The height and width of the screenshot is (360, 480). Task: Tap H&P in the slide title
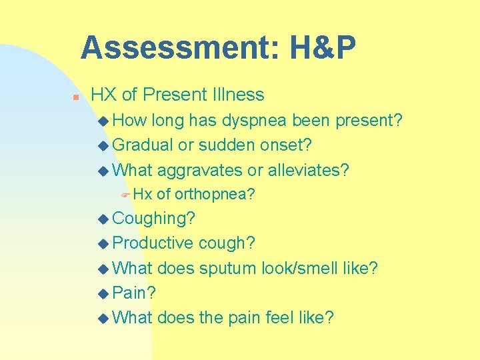coord(323,48)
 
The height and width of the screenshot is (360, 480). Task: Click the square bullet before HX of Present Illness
coord(76,97)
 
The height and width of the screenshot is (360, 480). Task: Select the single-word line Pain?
coord(134,293)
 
